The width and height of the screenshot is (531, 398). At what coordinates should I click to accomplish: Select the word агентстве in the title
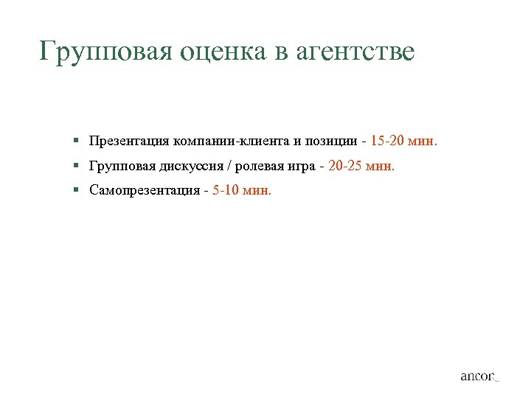pyautogui.click(x=355, y=52)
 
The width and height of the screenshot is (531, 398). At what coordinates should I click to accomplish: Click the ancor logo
pyautogui.click(x=479, y=376)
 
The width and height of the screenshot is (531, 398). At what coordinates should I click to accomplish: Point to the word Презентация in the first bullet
pyautogui.click(x=128, y=140)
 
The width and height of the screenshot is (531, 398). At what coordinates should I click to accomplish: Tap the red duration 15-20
pyautogui.click(x=389, y=140)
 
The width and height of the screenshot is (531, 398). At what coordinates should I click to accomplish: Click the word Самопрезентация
pyautogui.click(x=144, y=191)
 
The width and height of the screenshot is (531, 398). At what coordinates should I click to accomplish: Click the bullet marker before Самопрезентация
pyautogui.click(x=76, y=191)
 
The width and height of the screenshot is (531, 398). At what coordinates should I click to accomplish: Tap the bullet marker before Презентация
pyautogui.click(x=76, y=140)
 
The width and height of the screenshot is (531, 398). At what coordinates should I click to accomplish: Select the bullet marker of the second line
pyautogui.click(x=76, y=166)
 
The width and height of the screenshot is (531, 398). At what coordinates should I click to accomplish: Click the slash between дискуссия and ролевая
pyautogui.click(x=229, y=166)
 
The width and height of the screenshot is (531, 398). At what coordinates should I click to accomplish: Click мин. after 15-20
pyautogui.click(x=424, y=140)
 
